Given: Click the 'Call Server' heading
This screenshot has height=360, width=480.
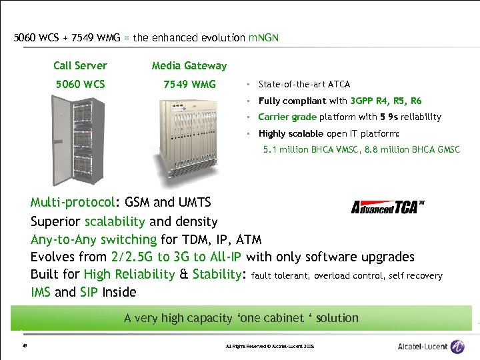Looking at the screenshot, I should [x=80, y=65].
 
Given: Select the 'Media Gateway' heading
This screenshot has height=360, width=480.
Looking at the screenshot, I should [x=189, y=65].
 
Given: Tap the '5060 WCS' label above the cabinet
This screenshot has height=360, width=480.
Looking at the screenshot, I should [x=80, y=84].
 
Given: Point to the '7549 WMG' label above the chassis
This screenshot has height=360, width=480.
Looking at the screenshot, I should [x=189, y=84].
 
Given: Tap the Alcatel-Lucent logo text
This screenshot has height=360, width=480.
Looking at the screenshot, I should [x=422, y=347].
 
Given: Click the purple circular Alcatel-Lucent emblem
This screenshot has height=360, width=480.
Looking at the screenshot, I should [x=457, y=347].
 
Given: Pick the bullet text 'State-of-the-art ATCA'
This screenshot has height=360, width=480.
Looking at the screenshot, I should [x=304, y=84].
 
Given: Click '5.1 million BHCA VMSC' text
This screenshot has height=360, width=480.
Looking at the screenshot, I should [x=309, y=150].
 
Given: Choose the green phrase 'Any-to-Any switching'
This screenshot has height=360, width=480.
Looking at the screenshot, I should [x=93, y=239].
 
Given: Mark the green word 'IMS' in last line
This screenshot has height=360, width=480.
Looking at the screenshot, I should [x=41, y=292].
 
